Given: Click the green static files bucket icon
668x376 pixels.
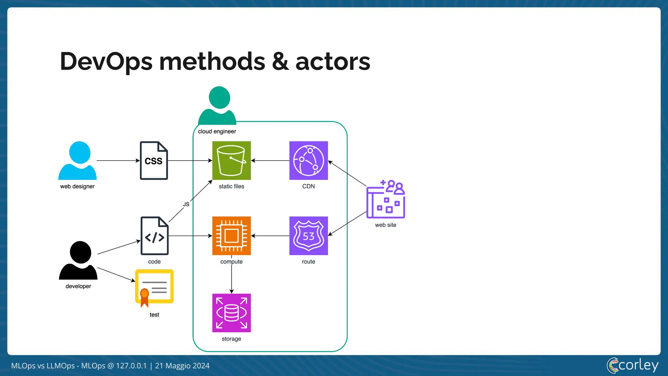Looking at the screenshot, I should coord(231,160).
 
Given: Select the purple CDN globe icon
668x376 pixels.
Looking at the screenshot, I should coord(308,160).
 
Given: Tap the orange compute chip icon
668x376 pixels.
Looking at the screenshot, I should coord(231,235).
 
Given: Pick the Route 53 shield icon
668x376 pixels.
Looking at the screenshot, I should coord(308,235).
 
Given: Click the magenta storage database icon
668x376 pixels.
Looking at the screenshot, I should coord(231,313).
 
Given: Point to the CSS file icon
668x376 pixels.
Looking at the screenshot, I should coord(154,160).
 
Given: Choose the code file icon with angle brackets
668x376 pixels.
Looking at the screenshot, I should coord(154,235).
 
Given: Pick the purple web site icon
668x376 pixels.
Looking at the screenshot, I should coord(386,199).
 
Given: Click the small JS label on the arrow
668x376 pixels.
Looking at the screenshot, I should coord(186,204).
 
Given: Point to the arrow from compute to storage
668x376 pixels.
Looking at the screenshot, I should coord(231,277).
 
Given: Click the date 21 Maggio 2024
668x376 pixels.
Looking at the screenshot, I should coord(182,366).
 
